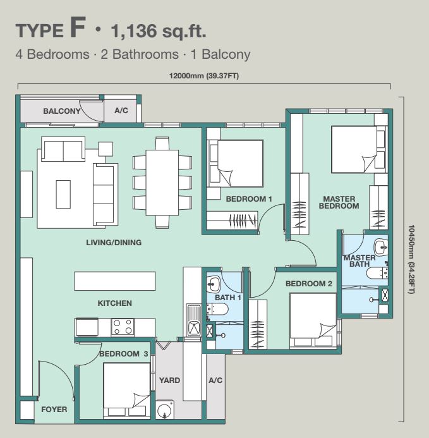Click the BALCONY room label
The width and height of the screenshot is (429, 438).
click(62, 111)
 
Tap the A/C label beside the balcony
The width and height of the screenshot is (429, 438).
click(121, 111)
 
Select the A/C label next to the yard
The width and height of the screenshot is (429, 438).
click(215, 380)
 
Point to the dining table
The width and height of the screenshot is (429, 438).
click(162, 183)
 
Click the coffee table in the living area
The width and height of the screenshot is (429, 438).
click(63, 194)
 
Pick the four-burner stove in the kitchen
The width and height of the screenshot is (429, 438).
click(123, 327)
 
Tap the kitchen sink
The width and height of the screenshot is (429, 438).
click(194, 320)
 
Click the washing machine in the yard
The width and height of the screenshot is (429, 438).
click(164, 410)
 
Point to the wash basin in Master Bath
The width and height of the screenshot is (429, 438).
click(381, 247)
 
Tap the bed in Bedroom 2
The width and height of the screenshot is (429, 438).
click(313, 320)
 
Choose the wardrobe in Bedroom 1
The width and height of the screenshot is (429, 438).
click(232, 221)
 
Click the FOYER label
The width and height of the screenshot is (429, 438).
click(54, 410)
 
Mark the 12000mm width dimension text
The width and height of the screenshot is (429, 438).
click(204, 76)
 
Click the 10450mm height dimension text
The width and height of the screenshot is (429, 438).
click(411, 259)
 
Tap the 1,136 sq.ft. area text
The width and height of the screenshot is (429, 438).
click(159, 31)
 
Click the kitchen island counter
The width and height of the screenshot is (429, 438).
click(115, 281)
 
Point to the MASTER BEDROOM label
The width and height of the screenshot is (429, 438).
click(339, 202)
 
